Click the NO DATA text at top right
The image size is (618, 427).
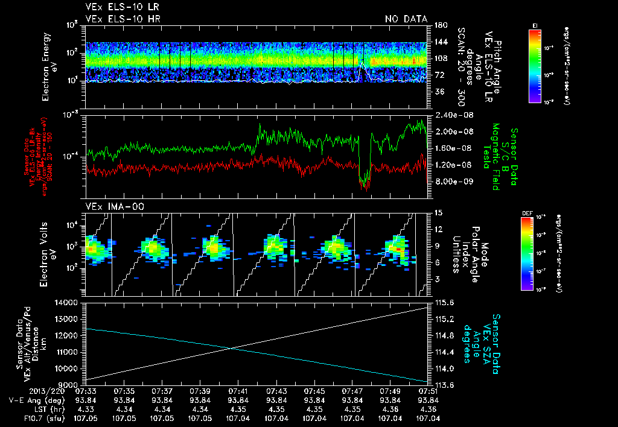[x=406, y=19]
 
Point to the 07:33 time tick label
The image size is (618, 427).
[x=86, y=391]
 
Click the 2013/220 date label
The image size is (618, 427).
[x=24, y=391]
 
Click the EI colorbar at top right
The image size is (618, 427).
[x=535, y=63]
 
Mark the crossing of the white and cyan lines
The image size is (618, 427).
[x=232, y=347]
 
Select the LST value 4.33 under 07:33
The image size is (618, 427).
[x=86, y=409]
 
